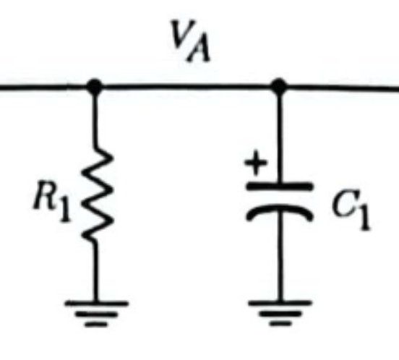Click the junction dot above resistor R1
[94, 87]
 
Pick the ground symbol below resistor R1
[95, 312]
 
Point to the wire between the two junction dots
[186, 87]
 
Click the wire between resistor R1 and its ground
[95, 271]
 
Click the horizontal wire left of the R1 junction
[43, 87]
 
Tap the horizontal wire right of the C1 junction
[340, 87]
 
